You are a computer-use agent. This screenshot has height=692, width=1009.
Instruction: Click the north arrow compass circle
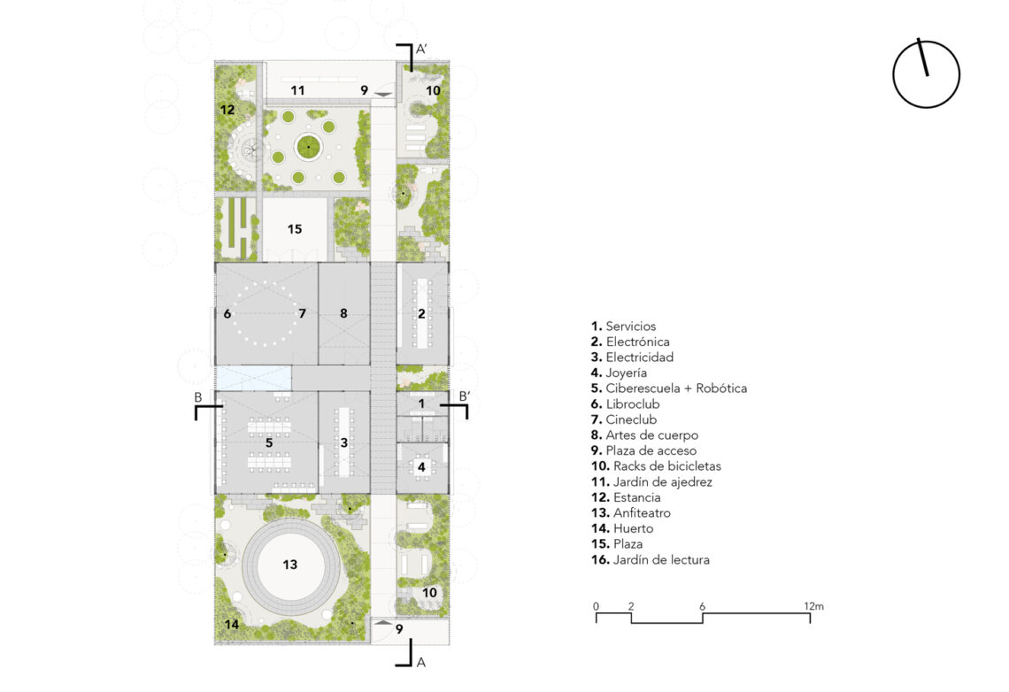coord(893,74)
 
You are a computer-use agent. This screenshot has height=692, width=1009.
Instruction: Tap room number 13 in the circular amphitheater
coord(289,565)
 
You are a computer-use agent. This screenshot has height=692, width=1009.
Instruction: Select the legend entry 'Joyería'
coord(619,373)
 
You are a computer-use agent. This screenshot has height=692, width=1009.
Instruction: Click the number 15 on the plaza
coord(295,229)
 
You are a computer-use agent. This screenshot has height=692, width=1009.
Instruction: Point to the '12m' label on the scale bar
coord(813,606)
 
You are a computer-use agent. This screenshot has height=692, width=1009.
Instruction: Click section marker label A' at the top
coord(420,49)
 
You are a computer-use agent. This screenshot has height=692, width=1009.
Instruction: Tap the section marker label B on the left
coord(198,397)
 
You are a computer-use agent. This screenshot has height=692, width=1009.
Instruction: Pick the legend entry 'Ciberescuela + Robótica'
coord(668,388)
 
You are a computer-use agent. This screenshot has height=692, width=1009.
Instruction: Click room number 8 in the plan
coord(343,313)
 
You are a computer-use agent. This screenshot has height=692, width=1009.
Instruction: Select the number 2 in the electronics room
coord(421,313)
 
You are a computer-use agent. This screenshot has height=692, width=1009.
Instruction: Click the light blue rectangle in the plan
coord(253,378)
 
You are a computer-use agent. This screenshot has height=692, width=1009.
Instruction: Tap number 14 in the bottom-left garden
coord(232,624)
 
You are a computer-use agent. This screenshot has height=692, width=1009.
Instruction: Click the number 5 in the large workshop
coord(269,442)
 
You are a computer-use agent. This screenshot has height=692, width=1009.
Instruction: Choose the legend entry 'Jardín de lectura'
coord(650,559)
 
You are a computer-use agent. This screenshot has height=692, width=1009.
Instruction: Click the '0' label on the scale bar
coord(596,606)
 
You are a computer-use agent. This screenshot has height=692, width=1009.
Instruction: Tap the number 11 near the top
coord(297,90)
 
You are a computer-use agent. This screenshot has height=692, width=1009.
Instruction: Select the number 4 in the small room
coord(421,467)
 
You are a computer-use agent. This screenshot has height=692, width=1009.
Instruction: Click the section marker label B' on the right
coord(464,396)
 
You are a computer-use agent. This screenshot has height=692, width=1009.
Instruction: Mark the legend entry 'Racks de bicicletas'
coord(656,466)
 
